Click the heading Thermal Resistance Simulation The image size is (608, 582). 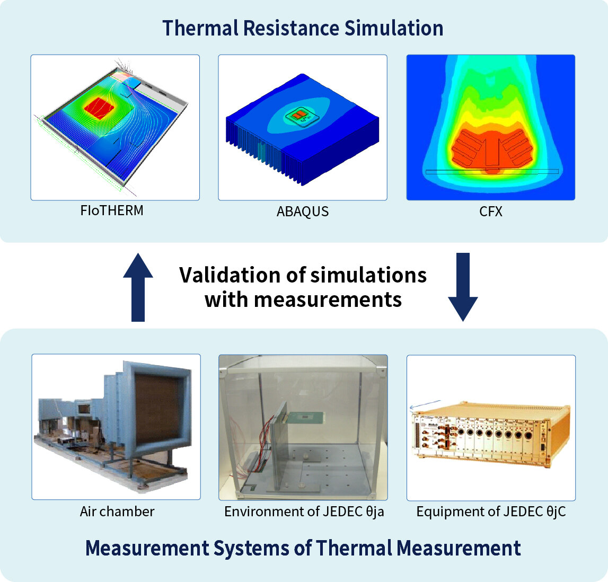click(x=303, y=28)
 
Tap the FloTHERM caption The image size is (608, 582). click(x=112, y=210)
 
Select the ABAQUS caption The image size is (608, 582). click(x=302, y=211)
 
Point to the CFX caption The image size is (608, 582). click(x=490, y=211)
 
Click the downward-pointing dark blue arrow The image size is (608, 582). click(x=463, y=287)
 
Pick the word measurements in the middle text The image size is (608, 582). click(x=327, y=299)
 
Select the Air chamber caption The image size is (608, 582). click(x=117, y=512)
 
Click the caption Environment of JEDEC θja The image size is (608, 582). click(x=304, y=512)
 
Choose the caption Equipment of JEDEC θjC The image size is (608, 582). click(x=491, y=512)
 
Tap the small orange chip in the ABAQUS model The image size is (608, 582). click(x=299, y=115)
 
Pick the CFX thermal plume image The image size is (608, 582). click(x=490, y=127)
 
